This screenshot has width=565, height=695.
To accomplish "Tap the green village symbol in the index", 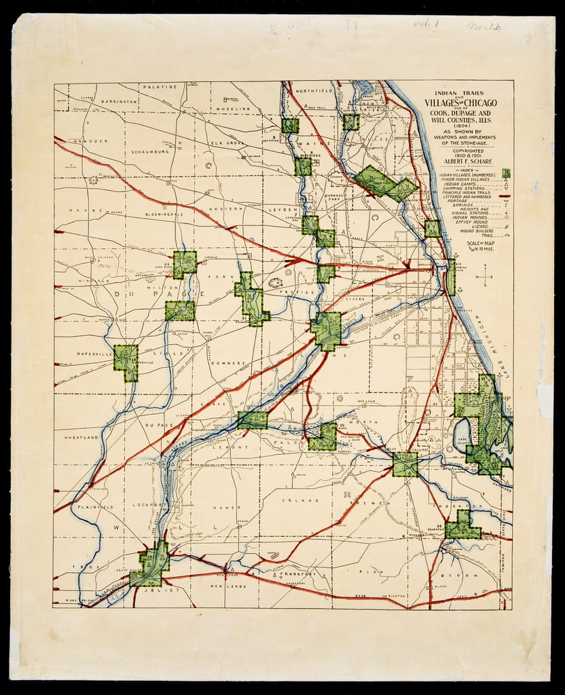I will click(505, 174).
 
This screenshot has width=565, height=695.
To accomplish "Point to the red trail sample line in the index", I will click(505, 196).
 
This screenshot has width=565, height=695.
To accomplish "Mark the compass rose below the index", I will click(485, 277).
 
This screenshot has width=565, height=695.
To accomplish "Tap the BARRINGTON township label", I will click(119, 101).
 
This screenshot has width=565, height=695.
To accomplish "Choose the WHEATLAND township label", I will click(82, 438).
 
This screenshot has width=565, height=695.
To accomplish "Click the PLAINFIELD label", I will click(96, 507).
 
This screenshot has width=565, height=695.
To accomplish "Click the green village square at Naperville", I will click(126, 361).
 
